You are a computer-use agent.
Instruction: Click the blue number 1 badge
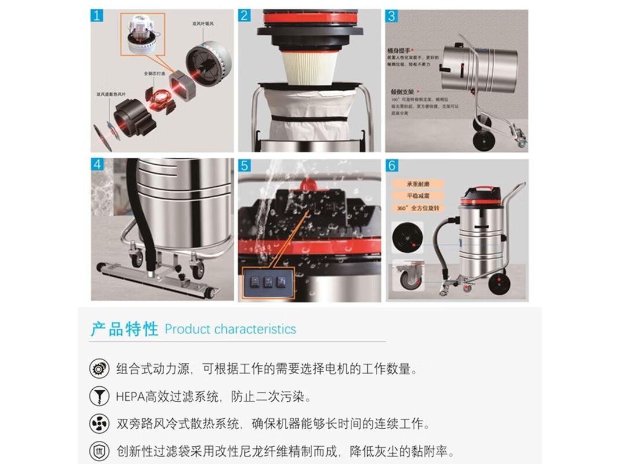coord(97,16)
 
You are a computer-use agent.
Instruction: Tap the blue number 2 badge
coord(244,16)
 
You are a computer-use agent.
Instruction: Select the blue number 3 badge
coord(392,16)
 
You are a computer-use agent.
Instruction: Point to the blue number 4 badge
coord(97,165)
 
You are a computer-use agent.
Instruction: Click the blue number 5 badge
coord(244,165)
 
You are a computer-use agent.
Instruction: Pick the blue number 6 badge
coord(392,166)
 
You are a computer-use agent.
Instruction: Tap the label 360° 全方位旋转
coord(418,208)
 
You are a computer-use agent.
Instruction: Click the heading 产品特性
coord(124,329)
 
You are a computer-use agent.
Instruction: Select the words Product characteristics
coord(230,329)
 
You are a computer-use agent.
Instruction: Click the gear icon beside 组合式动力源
coord(99,368)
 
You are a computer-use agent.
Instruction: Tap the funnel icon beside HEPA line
coord(99,397)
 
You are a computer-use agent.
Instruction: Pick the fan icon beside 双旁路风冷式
coord(99,424)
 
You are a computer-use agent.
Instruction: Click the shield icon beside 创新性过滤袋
coord(99,451)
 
